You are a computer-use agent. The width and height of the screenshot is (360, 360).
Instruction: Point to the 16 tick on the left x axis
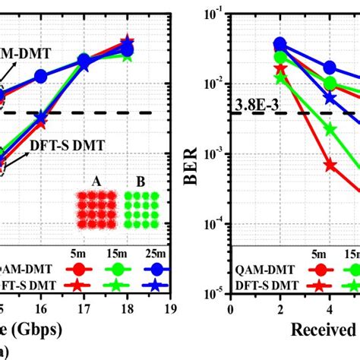click(x=40, y=308)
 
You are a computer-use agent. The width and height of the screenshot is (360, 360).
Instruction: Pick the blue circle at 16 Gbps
click(x=40, y=76)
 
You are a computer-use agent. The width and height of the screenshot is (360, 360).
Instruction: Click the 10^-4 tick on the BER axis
click(x=215, y=223)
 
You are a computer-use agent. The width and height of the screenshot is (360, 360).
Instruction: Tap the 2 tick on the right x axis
click(x=279, y=308)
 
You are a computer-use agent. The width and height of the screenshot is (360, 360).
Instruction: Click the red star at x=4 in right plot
click(x=330, y=164)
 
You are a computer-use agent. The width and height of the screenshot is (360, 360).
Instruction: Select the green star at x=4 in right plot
click(x=330, y=130)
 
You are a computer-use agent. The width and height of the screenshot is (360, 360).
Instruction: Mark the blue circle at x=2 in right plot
click(x=280, y=44)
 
